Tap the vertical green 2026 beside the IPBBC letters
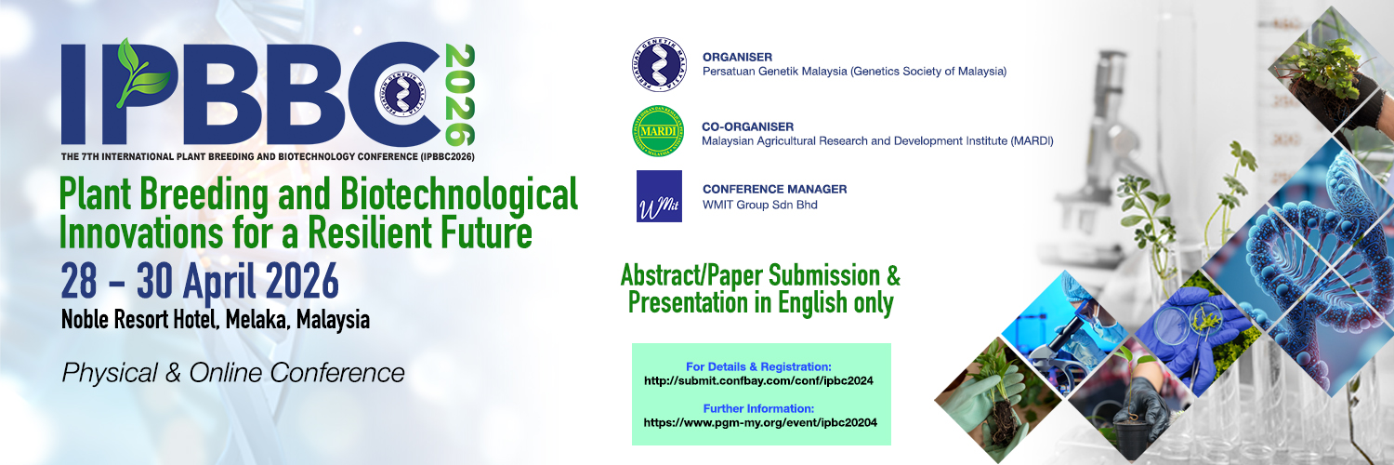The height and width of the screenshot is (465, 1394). [x=460, y=95]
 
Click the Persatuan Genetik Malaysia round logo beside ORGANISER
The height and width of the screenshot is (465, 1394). [x=659, y=64]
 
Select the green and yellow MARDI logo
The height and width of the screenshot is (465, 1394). [x=658, y=131]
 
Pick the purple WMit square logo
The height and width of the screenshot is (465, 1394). [x=659, y=196]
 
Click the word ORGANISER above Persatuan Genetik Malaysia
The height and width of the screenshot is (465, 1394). [x=738, y=58]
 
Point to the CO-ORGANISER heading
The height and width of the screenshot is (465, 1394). [x=747, y=127]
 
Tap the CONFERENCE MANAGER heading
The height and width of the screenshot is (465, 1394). [x=775, y=189]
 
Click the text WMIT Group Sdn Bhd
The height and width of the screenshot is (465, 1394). [x=760, y=205]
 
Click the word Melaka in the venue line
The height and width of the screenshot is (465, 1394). [x=257, y=320]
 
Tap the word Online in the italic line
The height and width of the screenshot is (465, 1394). [x=226, y=373]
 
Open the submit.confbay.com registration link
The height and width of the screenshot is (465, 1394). [x=758, y=381]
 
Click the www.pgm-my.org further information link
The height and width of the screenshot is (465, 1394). [x=760, y=422]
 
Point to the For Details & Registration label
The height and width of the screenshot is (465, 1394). [x=758, y=366]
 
